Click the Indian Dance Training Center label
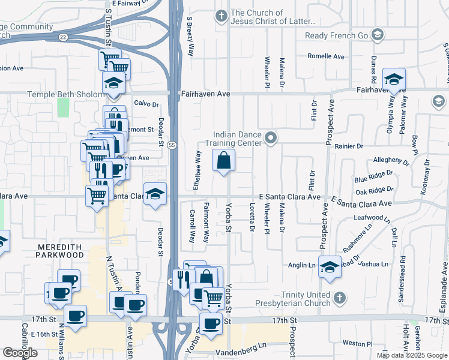(239, 139)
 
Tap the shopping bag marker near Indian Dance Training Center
(223, 161)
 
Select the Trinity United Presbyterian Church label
(306, 299)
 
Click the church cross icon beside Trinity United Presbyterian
(339, 297)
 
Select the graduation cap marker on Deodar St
(155, 194)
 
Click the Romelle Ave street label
(326, 56)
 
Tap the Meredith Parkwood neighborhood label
(61, 251)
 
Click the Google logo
(20, 353)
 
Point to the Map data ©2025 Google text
(411, 355)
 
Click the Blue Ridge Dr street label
(373, 179)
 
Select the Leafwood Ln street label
(373, 217)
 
